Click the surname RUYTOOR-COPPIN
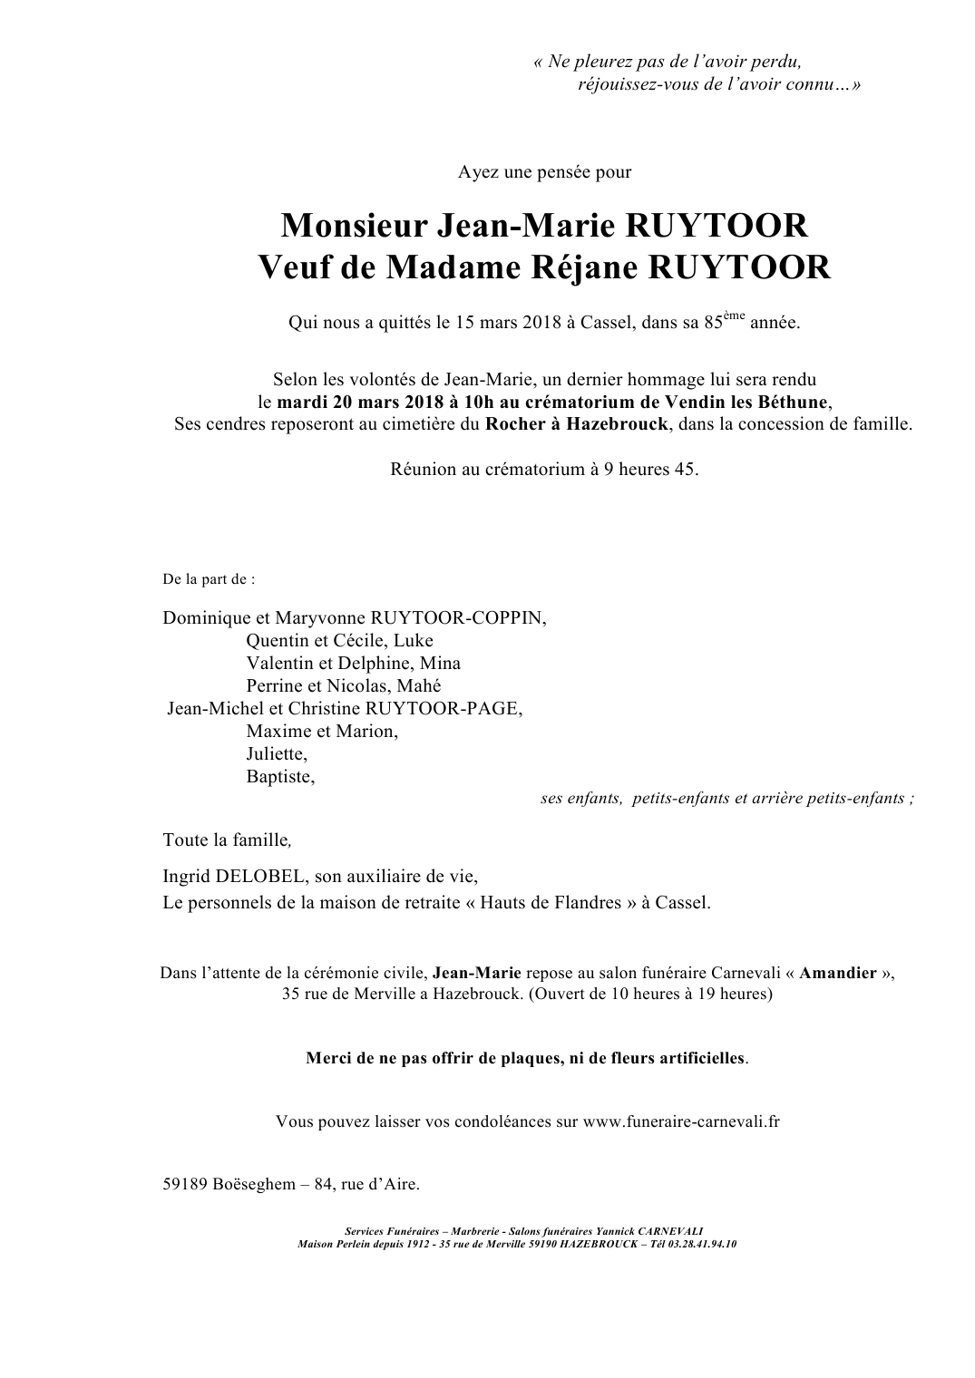(x=458, y=618)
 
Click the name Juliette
(x=276, y=753)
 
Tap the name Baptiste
(x=279, y=776)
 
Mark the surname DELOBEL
(x=260, y=877)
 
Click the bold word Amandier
(x=838, y=974)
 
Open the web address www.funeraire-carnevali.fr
(x=681, y=1121)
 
